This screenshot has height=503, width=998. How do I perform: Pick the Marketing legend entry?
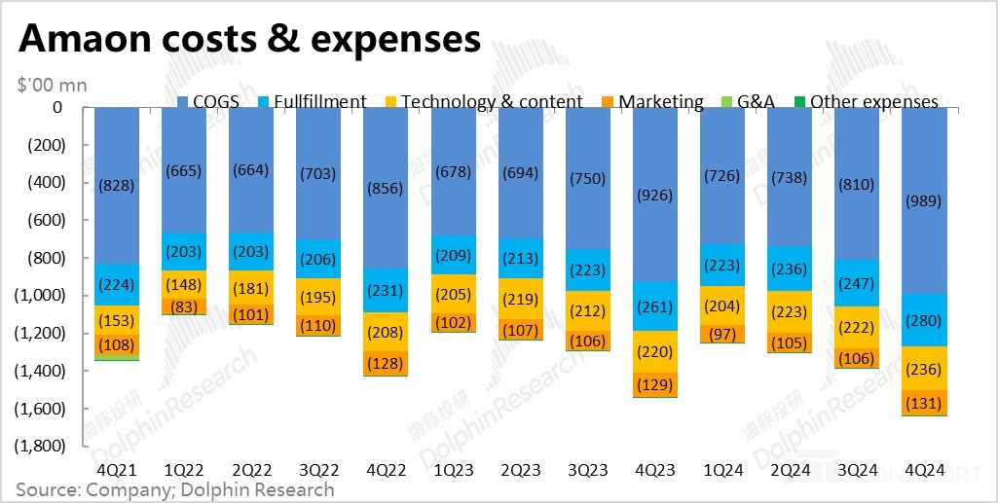tap(652, 101)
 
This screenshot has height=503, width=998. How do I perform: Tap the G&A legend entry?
tap(749, 101)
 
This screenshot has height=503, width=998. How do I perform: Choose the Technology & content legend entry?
tap(482, 101)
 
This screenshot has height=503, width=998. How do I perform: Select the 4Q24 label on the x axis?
tap(924, 469)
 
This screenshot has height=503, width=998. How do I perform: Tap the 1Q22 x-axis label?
tap(183, 469)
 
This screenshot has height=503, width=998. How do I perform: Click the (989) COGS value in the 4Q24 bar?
tap(924, 200)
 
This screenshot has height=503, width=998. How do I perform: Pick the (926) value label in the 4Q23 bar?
tap(654, 195)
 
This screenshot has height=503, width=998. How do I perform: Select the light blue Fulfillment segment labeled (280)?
tap(924, 320)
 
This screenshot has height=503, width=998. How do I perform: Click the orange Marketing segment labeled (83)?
tap(183, 307)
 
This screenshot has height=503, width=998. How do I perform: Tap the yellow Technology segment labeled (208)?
tap(386, 332)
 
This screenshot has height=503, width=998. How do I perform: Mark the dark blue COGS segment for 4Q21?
tap(116, 185)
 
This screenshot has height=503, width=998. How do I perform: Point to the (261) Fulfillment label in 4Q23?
tap(654, 307)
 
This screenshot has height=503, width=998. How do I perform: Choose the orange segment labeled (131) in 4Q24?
tap(924, 403)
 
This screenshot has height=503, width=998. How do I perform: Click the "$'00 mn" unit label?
tap(52, 85)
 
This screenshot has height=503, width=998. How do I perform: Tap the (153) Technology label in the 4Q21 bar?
tap(116, 320)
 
